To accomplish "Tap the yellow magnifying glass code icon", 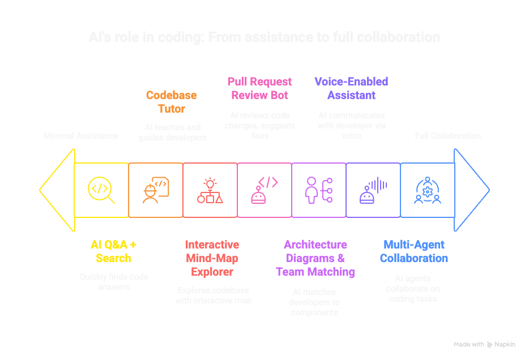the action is click(101, 190).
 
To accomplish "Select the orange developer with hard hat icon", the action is click(155, 190).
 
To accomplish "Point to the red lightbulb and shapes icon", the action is click(210, 190).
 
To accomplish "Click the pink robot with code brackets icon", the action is click(264, 190).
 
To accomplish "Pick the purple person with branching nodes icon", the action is click(318, 190).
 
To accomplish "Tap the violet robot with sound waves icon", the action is click(373, 190).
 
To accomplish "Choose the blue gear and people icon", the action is click(428, 190).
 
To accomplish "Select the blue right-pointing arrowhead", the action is click(472, 190).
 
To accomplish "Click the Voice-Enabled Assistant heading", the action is click(351, 88).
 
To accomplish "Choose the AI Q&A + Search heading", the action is click(113, 251).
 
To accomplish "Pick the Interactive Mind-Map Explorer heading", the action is click(212, 258).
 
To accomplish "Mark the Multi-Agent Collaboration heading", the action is click(413, 251).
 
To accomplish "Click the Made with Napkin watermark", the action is click(484, 344).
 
